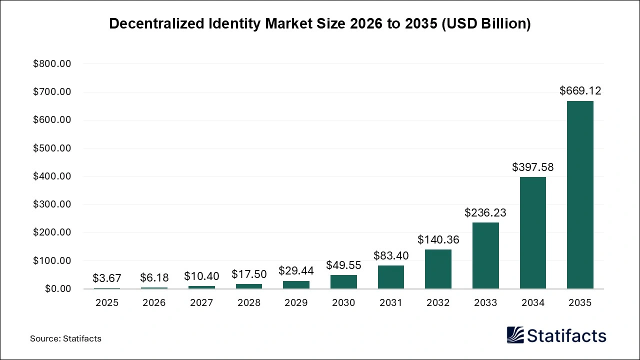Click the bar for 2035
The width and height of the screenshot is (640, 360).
point(580,195)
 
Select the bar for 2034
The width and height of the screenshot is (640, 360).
point(533,233)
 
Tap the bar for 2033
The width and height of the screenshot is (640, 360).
point(485,255)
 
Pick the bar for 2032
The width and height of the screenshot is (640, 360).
point(438,269)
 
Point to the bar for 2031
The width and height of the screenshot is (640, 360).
point(391,277)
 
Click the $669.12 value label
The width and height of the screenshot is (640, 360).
point(580,91)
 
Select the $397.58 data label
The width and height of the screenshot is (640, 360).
point(533,167)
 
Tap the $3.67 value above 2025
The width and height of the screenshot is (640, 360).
point(107,278)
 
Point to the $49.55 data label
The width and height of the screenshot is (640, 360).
point(343,265)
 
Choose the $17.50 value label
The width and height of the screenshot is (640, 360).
point(249,274)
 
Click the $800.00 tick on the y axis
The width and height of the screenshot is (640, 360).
point(52,64)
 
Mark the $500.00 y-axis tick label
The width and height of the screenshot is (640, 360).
point(52,148)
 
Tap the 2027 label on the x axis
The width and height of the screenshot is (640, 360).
point(201,303)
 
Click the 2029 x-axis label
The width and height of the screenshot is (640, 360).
point(296,303)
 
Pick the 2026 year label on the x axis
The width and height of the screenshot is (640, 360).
point(154,303)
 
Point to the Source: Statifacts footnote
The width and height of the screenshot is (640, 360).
point(65,338)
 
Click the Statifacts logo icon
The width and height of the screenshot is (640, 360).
point(515,335)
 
